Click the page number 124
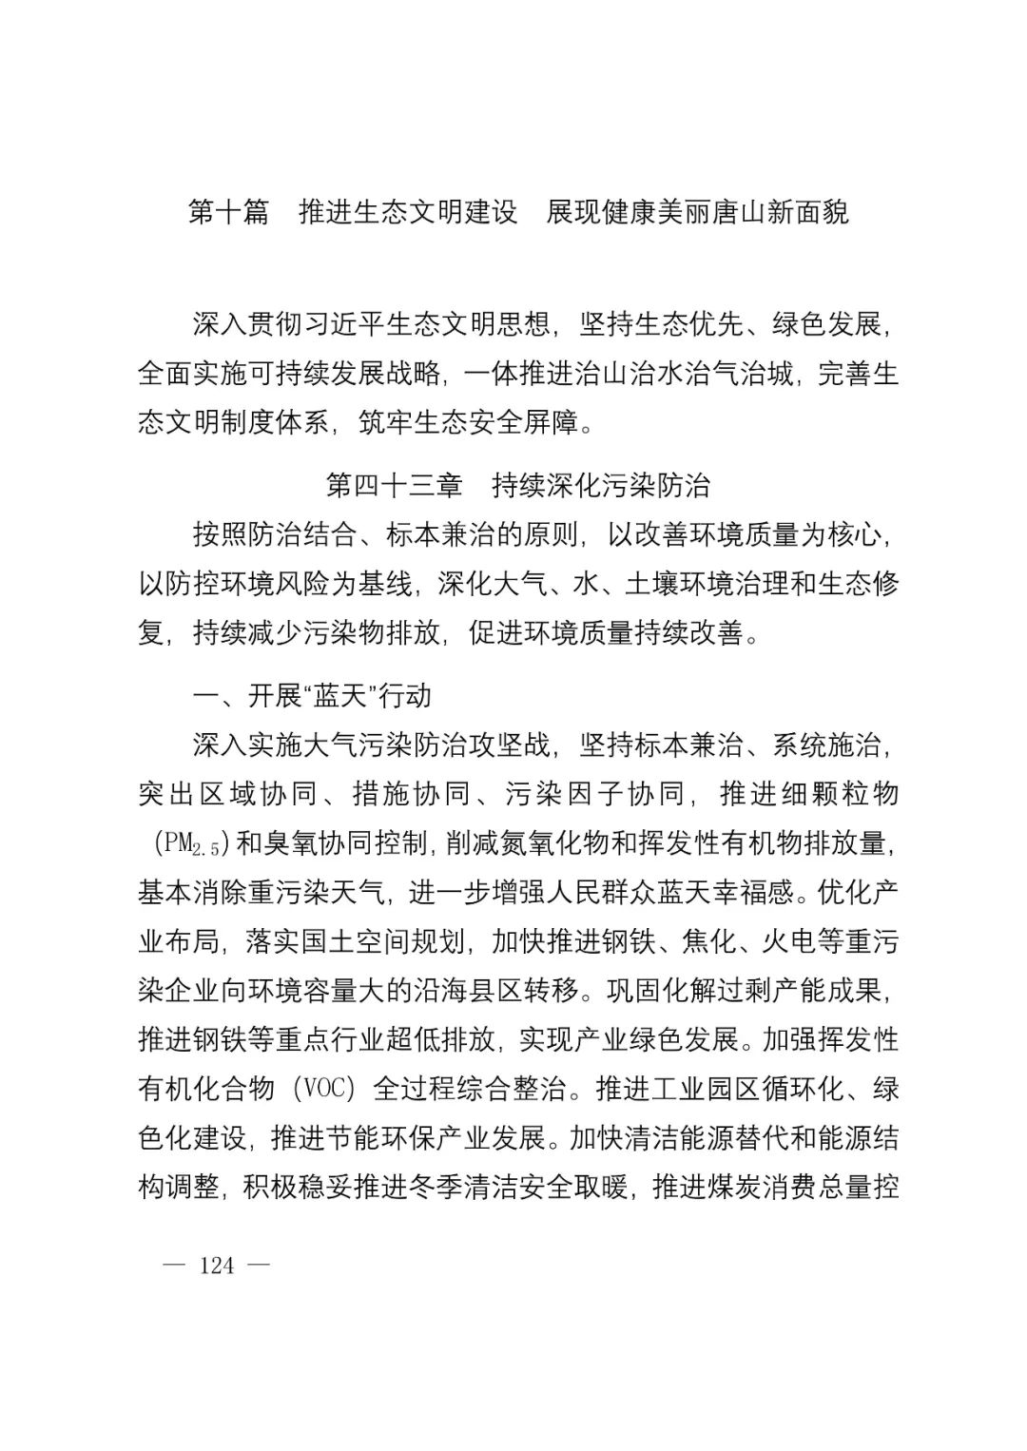point(218,1266)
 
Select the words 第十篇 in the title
point(229,212)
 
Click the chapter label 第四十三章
point(395,485)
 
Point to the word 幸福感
point(724,892)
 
